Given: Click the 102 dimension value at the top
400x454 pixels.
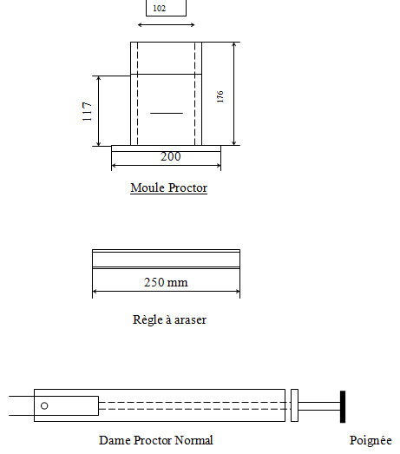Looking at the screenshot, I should [x=159, y=9].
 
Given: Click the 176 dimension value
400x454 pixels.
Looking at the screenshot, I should [x=220, y=94].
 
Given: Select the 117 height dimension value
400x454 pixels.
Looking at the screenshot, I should [x=88, y=110].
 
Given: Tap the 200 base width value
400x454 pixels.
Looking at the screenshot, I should [x=170, y=157].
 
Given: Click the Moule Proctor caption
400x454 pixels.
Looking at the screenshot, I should [x=168, y=188].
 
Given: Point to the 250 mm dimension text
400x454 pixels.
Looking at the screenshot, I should [x=166, y=282].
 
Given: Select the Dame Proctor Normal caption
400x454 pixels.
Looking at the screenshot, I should [x=155, y=440].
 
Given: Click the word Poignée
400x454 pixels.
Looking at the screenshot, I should [x=370, y=440].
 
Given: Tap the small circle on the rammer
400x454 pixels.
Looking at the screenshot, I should [x=44, y=405].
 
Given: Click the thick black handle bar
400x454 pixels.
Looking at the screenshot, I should [x=343, y=405].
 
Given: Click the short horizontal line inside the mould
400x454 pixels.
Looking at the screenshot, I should [x=167, y=113].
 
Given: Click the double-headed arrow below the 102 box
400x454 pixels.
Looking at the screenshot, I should [x=166, y=25].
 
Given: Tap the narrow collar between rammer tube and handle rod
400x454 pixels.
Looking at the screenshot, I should [x=295, y=405].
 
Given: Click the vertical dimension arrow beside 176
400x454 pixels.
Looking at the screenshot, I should [x=234, y=94].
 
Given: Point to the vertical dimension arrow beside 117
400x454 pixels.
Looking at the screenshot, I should [x=99, y=110].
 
